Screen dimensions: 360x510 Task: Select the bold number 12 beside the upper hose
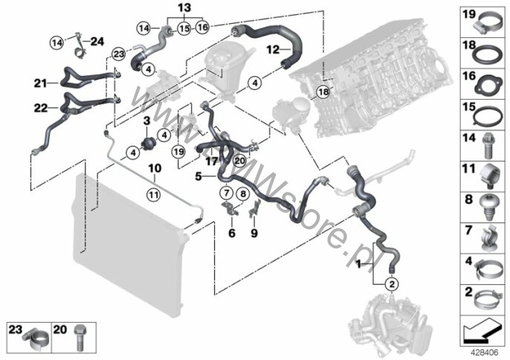(272, 50)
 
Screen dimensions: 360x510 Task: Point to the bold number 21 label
(39, 82)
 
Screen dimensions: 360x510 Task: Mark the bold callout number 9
(254, 232)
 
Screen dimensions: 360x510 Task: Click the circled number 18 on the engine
(322, 91)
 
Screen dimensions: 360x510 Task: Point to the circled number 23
(118, 53)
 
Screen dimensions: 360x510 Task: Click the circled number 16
(203, 28)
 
